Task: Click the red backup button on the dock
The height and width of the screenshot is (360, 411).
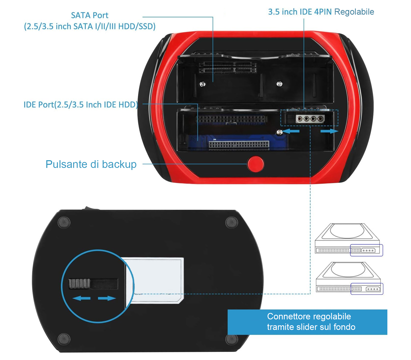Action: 256,164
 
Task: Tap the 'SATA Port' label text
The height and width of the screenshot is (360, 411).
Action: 90,15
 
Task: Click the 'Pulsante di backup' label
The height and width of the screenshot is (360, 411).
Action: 91,164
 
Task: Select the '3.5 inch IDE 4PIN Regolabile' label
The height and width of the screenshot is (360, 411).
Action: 321,12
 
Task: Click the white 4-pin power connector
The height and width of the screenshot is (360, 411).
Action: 310,119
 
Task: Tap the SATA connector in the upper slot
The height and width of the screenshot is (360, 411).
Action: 228,67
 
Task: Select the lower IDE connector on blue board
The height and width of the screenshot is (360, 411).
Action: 239,145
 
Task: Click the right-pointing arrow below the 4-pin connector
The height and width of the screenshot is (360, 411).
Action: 329,131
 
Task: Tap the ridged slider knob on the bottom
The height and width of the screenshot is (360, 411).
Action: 79,283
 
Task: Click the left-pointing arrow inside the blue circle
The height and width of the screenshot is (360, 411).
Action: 81,298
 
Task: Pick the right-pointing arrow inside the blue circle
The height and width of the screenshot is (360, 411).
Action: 107,298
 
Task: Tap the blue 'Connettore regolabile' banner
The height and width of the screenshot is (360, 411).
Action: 307,322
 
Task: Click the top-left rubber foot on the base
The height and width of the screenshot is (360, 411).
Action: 64,222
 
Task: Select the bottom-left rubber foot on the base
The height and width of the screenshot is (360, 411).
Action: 64,339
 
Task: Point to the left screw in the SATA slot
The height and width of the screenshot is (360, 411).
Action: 202,84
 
